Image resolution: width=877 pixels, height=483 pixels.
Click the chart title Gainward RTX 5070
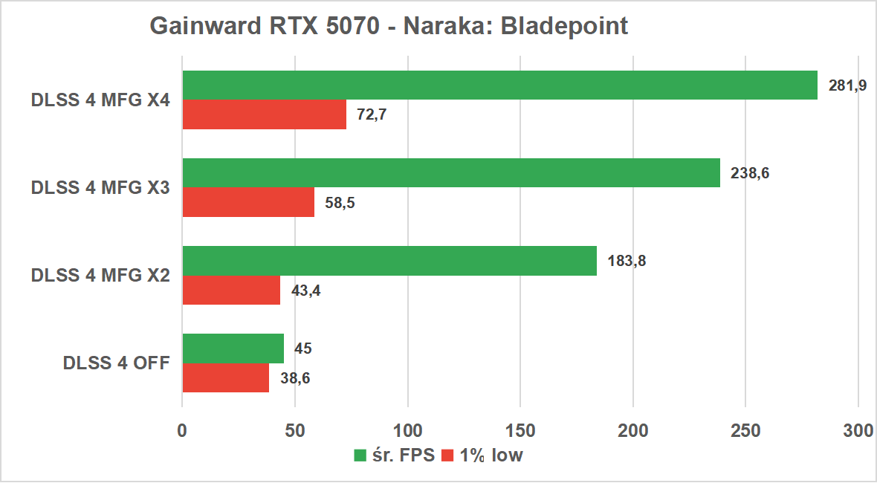click(x=389, y=26)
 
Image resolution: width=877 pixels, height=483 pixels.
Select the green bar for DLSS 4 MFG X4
click(x=499, y=85)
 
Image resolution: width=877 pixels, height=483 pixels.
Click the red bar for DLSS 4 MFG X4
click(x=264, y=114)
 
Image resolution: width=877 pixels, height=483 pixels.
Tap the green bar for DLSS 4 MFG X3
click(x=451, y=173)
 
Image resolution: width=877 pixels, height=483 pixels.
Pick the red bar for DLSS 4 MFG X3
click(x=248, y=202)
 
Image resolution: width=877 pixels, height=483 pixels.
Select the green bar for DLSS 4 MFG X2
click(x=389, y=261)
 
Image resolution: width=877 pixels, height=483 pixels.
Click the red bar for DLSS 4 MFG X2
click(x=231, y=290)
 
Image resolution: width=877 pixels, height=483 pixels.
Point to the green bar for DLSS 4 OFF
click(x=233, y=349)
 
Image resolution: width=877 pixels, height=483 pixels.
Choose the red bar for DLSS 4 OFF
click(x=225, y=377)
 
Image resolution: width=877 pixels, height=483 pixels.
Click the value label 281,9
click(x=847, y=85)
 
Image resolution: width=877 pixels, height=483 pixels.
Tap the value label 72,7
click(x=372, y=115)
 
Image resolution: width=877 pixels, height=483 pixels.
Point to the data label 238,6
click(x=750, y=173)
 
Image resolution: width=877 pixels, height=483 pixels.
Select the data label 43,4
click(x=305, y=291)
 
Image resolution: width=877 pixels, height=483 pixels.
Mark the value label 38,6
click(x=294, y=378)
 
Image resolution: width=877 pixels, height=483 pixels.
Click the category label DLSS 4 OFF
click(x=117, y=363)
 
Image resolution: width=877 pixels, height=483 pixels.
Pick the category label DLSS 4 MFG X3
click(x=100, y=188)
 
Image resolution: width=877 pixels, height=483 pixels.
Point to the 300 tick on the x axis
click(x=858, y=430)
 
